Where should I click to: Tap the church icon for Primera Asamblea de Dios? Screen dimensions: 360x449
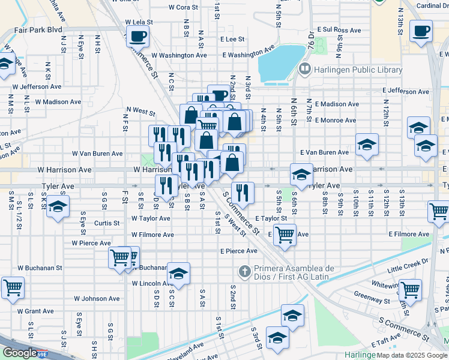[244, 272]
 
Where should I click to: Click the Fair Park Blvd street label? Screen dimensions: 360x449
[38, 29]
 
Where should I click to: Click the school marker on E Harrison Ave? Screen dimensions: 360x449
[302, 174]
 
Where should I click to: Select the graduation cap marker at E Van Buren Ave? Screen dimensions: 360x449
[367, 145]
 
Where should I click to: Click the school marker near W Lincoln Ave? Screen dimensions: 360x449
[178, 274]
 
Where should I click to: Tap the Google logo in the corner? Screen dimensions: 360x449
[19, 353]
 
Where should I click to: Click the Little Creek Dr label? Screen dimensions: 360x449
[408, 262]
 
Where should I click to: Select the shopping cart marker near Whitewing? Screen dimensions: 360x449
[411, 289]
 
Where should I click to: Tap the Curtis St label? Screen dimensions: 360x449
[106, 223]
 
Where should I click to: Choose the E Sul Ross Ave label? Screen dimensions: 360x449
[339, 29]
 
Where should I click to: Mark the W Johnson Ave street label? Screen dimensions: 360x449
[97, 298]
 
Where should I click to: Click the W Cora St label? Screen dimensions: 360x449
[183, 7]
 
